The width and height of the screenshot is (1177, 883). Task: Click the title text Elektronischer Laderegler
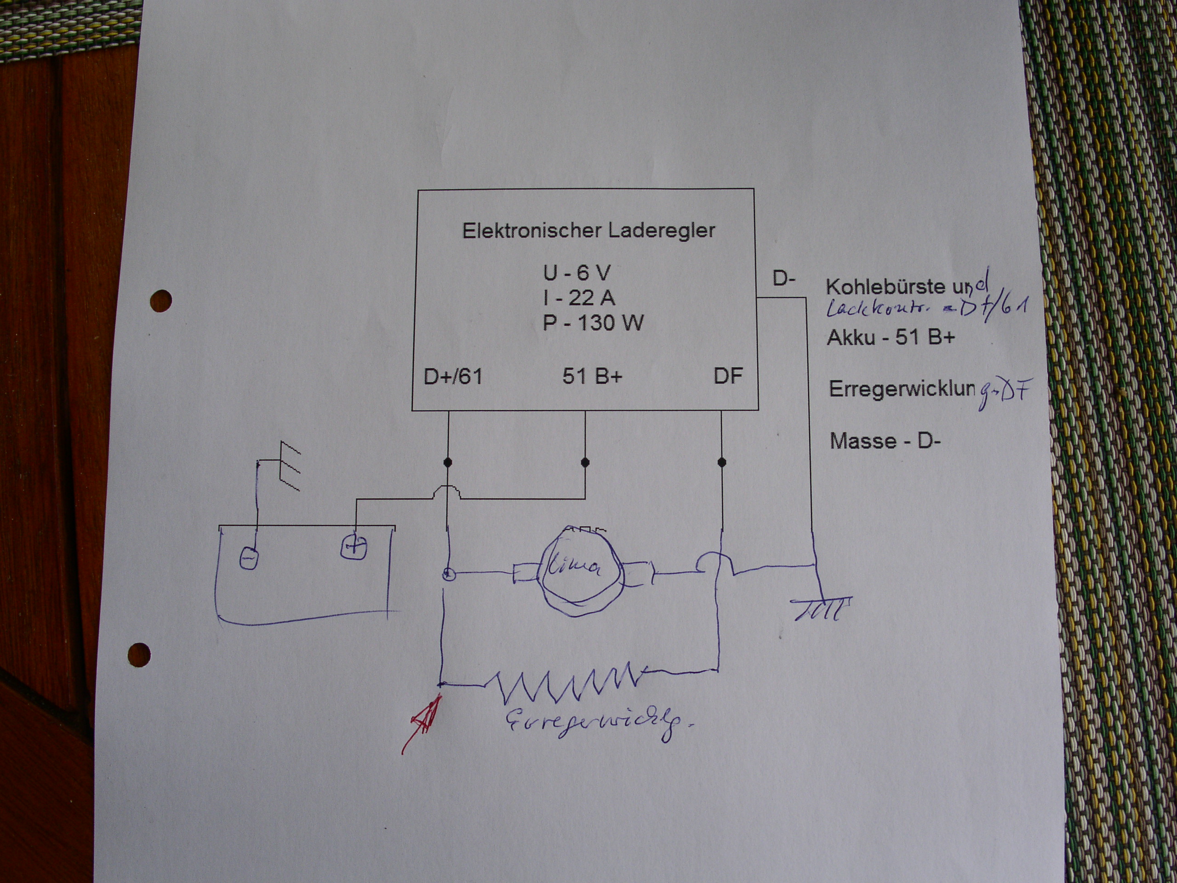pos(588,230)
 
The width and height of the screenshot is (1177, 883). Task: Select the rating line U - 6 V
pos(576,273)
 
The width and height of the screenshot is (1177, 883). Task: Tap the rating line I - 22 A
pos(579,298)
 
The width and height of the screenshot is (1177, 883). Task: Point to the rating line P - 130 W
pos(593,322)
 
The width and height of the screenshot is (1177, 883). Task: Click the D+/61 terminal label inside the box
pos(453,376)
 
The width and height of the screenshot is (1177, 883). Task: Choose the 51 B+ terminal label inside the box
pos(592,376)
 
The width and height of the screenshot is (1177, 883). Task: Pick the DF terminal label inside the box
pos(727,376)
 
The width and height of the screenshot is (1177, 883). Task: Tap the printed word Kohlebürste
pos(884,287)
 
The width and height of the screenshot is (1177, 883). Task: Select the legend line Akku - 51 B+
pos(891,338)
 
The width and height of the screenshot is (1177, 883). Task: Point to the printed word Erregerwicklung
pos(902,390)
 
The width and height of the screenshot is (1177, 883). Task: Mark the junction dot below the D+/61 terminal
pos(448,462)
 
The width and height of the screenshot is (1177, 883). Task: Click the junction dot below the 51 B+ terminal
pos(585,462)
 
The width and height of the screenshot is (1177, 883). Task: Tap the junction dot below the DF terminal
pos(721,462)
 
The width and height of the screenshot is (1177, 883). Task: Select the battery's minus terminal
pos(248,558)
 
